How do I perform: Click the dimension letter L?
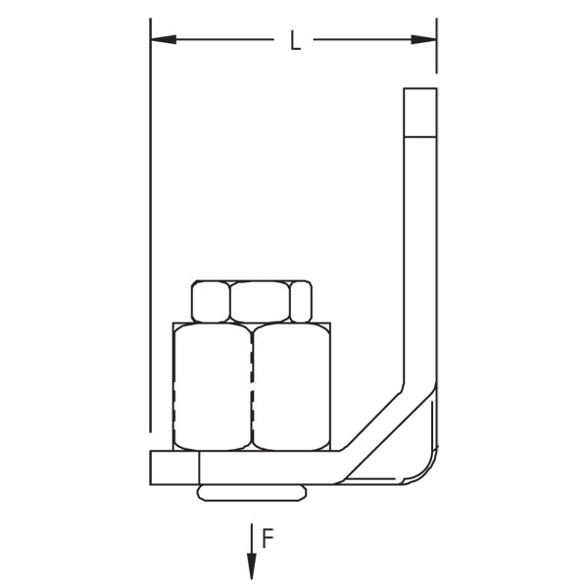coord(294,41)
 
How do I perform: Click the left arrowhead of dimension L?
coord(163,39)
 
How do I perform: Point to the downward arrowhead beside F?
coord(252,565)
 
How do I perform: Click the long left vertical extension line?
coord(150,245)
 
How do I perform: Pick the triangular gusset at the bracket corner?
coord(416,441)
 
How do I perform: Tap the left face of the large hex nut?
coord(212,387)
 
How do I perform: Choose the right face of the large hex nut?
coord(291,387)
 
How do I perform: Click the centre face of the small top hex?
coord(260,301)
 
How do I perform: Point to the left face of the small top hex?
coord(210,302)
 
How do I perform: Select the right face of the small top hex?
coord(302,302)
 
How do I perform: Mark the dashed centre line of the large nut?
coord(252,387)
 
